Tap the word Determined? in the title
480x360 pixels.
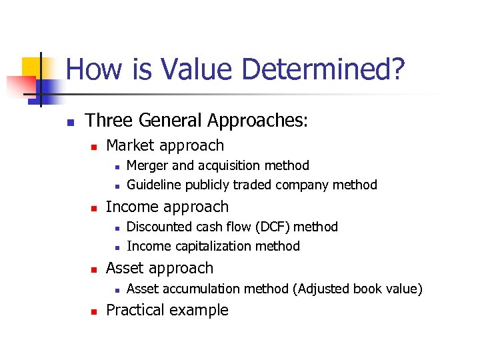click(x=323, y=69)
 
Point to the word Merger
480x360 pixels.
click(x=147, y=165)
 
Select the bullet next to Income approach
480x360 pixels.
click(x=94, y=208)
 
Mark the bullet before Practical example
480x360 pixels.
click(x=94, y=311)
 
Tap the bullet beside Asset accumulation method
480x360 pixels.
click(x=115, y=290)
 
